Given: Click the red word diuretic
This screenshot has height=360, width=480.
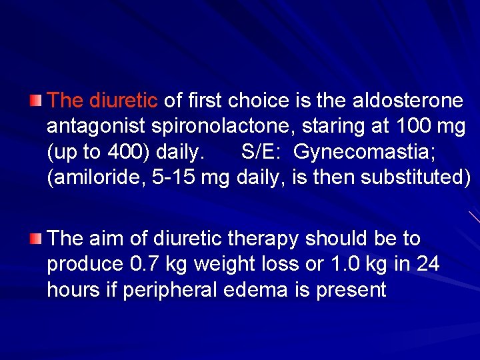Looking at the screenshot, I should pos(123,101).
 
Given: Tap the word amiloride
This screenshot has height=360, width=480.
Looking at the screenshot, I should pos(92,178).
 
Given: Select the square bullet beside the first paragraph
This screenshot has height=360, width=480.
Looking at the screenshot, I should pos(36,101).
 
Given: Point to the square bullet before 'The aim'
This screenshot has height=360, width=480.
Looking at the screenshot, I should pos(36,238).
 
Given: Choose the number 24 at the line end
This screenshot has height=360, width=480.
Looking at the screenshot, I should pos(427,264).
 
